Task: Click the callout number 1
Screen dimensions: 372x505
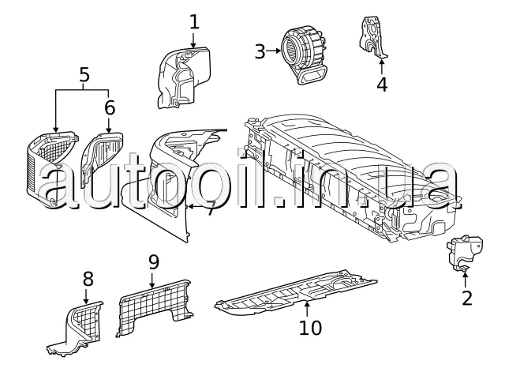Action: coord(195,21)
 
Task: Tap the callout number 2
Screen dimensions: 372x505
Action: coord(466,298)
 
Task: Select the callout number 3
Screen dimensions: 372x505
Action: coord(260,51)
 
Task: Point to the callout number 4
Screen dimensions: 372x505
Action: coord(382,84)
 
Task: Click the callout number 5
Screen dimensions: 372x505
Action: coord(84,76)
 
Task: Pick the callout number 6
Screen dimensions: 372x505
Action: coord(109,106)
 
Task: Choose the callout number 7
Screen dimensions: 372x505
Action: coord(210,209)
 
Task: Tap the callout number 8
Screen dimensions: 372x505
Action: coord(88,278)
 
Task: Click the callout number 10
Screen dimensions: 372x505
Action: coord(305,325)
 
